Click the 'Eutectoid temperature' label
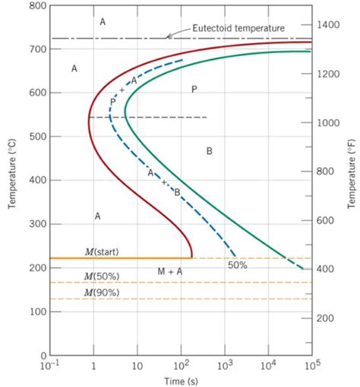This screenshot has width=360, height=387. click(x=238, y=28)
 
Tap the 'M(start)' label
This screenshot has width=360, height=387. click(x=101, y=251)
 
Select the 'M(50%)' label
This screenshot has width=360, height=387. click(x=101, y=276)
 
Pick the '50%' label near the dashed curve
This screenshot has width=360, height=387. click(x=238, y=266)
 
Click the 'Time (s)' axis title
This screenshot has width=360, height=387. click(x=181, y=379)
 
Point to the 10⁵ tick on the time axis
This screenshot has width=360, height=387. click(x=311, y=366)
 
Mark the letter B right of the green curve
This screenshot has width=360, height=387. click(x=209, y=151)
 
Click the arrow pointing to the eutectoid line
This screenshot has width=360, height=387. click(x=170, y=36)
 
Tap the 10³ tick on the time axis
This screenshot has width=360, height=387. click(x=225, y=366)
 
